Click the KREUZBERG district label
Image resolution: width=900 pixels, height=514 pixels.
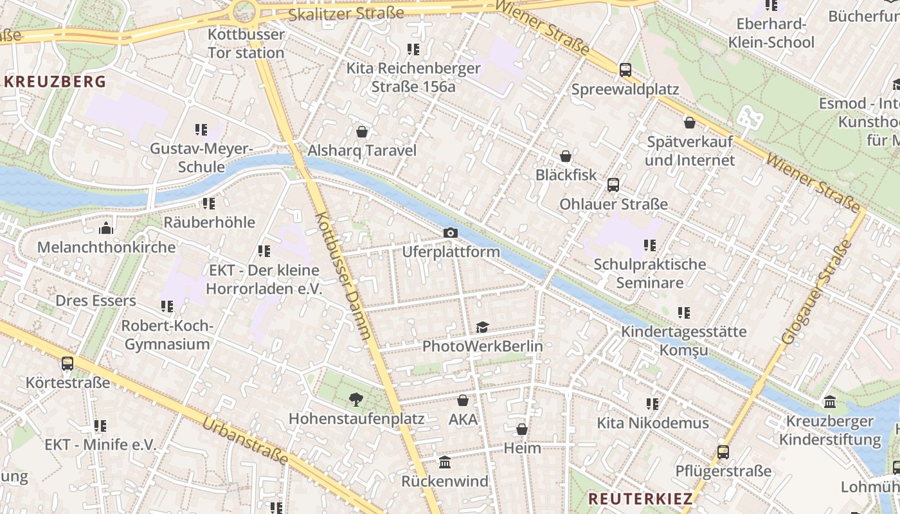[55, 82]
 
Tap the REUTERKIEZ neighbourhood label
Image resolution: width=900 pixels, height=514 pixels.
[641, 499]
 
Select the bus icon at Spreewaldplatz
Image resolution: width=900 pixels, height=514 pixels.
[625, 69]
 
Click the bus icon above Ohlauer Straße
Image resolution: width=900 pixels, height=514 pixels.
[613, 185]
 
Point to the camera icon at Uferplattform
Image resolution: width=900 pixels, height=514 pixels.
[451, 233]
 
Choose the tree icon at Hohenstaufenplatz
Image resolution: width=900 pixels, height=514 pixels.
[355, 400]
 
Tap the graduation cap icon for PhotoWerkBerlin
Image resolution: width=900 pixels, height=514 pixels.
[482, 328]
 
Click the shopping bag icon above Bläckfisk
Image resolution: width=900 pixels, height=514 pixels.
[566, 156]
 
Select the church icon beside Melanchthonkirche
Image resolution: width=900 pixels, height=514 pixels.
[106, 228]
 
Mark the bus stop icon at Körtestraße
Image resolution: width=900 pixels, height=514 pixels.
[67, 364]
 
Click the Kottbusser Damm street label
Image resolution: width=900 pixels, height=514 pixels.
[343, 276]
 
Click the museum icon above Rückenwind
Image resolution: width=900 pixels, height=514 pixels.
[445, 463]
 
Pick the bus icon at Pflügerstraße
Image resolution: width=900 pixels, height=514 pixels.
[723, 452]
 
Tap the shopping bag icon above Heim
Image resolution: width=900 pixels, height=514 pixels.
[522, 429]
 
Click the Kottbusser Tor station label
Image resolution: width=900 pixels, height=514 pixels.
[246, 44]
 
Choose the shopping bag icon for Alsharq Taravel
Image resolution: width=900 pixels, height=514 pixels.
[362, 132]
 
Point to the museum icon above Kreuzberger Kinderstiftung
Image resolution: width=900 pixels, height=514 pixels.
[830, 403]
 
